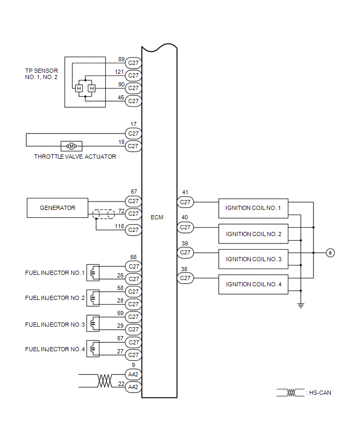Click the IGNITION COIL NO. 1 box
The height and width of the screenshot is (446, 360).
[253, 208]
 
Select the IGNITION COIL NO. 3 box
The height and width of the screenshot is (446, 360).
[253, 259]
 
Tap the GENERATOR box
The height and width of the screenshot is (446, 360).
[58, 208]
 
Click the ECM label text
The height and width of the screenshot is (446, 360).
[156, 217]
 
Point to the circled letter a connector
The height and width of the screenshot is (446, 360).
[330, 253]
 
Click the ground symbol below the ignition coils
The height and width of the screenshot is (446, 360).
[301, 305]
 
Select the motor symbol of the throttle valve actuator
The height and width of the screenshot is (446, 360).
[72, 146]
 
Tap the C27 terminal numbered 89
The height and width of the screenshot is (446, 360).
[133, 63]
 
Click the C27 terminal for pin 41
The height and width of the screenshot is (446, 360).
[185, 202]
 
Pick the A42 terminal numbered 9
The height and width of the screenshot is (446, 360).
[133, 374]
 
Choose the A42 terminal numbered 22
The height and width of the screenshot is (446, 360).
[133, 387]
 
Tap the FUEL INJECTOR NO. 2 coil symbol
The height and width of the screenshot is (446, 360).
[93, 297]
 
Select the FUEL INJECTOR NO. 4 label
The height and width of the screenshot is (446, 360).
[55, 349]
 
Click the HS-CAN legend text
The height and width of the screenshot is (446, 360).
[320, 393]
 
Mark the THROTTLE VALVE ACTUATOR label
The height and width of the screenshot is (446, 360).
[75, 157]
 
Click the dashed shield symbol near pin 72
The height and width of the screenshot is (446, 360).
[104, 214]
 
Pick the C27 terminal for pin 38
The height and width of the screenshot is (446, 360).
[185, 278]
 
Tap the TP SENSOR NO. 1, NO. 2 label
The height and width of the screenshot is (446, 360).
[41, 74]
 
